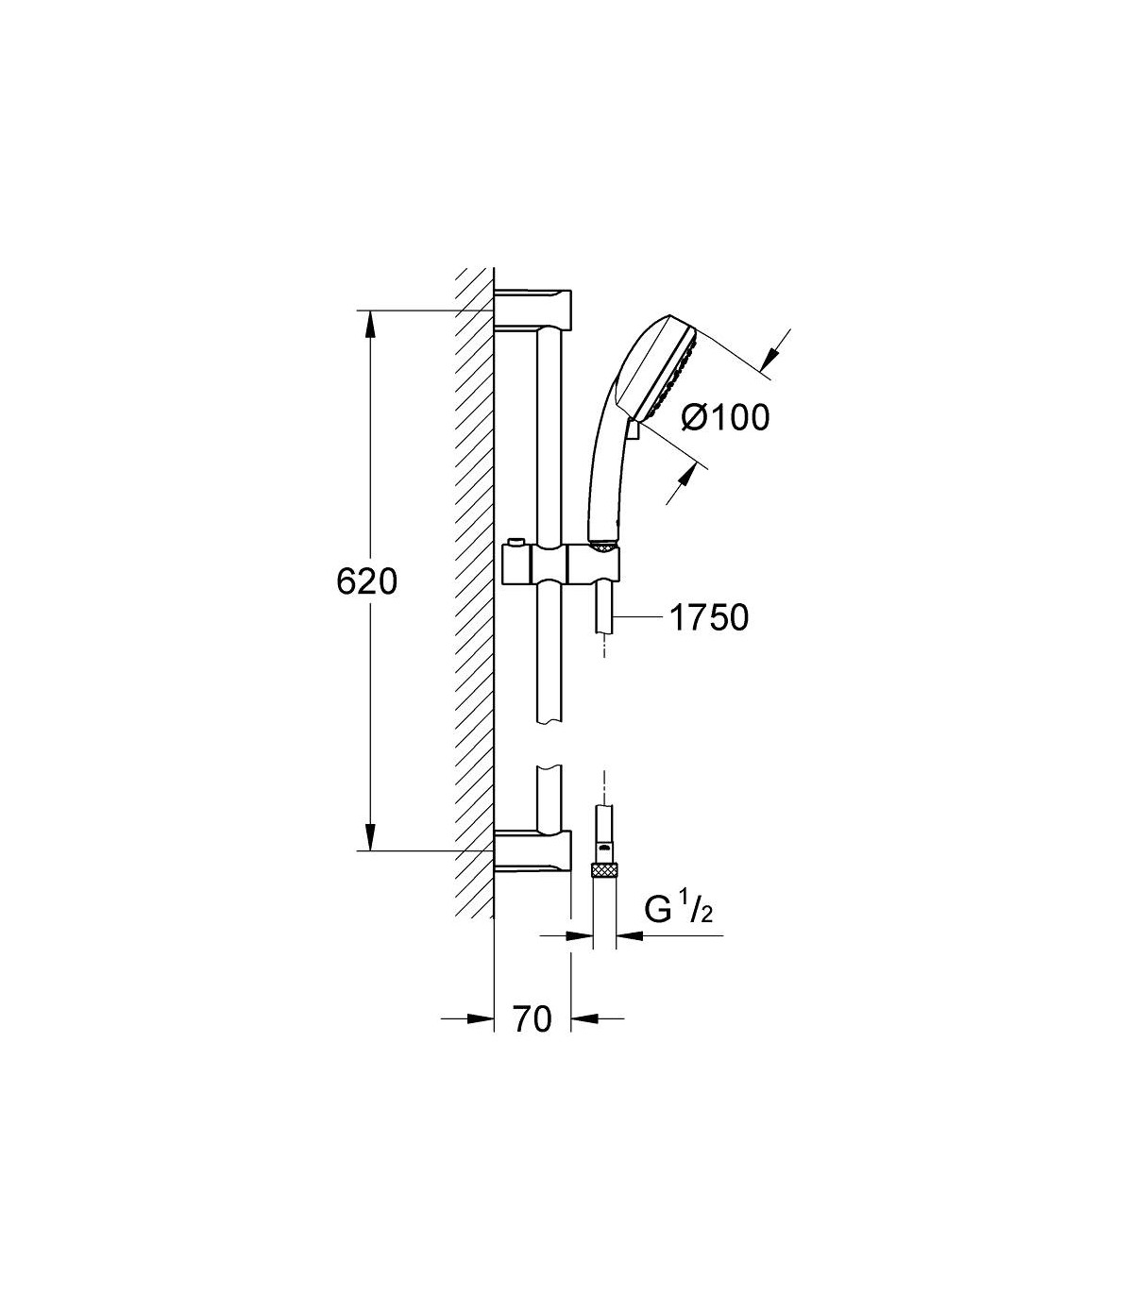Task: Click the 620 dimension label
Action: [366, 581]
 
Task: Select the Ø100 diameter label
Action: [725, 417]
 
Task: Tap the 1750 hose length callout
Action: [709, 617]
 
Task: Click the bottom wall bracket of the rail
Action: [533, 852]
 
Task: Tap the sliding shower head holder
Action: [561, 564]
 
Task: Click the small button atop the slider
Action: [517, 542]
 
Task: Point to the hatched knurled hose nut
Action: [604, 871]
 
